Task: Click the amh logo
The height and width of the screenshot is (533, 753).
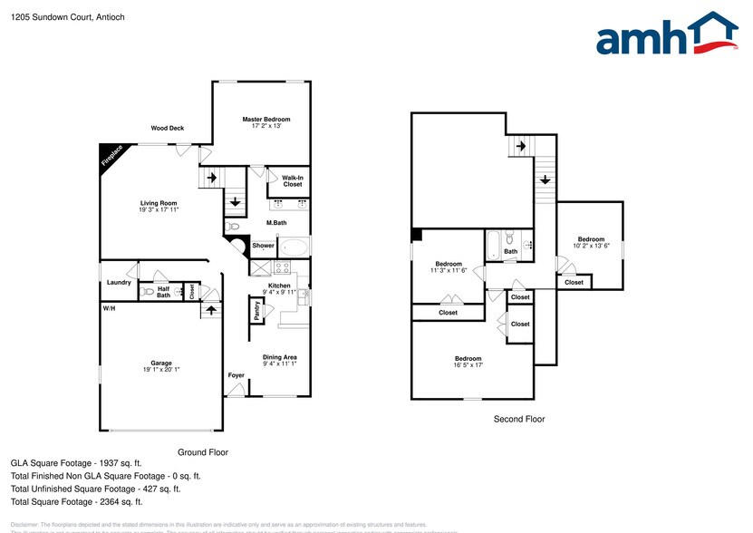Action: tap(667, 36)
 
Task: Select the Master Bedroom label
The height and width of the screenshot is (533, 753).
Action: tap(265, 119)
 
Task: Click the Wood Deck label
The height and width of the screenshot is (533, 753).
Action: tap(168, 128)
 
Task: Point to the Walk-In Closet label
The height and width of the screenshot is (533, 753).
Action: tap(292, 181)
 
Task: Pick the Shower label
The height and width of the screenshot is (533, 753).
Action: tap(263, 246)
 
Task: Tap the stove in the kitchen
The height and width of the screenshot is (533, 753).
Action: tap(282, 267)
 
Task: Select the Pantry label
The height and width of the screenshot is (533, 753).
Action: tap(257, 309)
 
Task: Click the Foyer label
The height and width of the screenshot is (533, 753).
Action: tap(236, 374)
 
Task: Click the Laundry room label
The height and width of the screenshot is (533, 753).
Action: tap(118, 282)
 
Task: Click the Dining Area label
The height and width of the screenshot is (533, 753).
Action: tap(280, 357)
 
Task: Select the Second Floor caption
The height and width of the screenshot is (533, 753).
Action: tap(518, 419)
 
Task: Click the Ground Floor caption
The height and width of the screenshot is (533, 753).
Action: tap(203, 451)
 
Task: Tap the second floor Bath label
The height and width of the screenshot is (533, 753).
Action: tap(511, 251)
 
